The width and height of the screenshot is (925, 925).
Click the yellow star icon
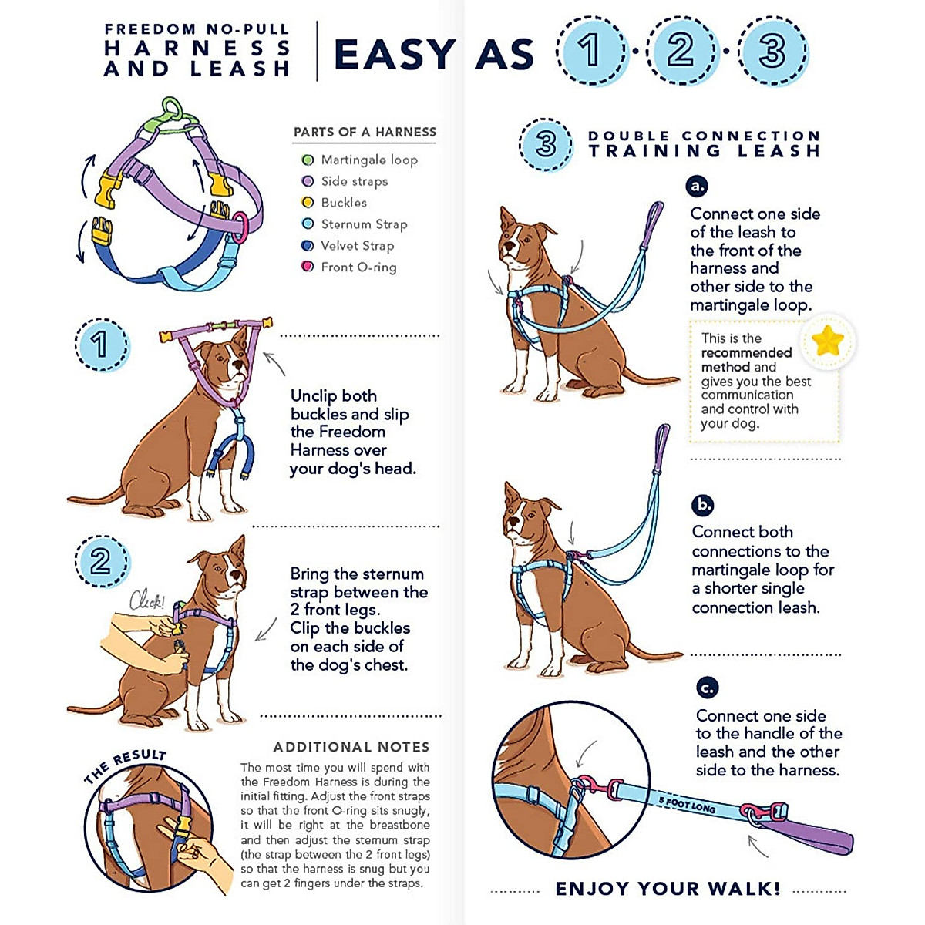[x=827, y=341]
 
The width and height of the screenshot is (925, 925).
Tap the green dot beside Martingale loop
[x=308, y=160]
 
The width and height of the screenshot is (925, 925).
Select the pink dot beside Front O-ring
[x=308, y=267]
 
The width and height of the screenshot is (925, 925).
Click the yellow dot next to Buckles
[x=308, y=203]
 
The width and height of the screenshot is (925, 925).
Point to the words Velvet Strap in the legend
[x=357, y=245]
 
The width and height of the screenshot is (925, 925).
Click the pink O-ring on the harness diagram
[x=240, y=227]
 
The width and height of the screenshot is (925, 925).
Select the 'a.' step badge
[x=697, y=186]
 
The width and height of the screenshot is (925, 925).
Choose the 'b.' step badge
[x=702, y=505]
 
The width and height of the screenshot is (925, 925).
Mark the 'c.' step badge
[x=707, y=688]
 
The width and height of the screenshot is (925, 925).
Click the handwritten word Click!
[x=147, y=600]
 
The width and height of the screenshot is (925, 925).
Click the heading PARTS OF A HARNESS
[x=365, y=132]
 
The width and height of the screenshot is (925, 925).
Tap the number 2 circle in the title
[x=681, y=50]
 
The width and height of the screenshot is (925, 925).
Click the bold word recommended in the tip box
[x=746, y=353]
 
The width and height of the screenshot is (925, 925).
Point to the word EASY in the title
[x=395, y=54]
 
